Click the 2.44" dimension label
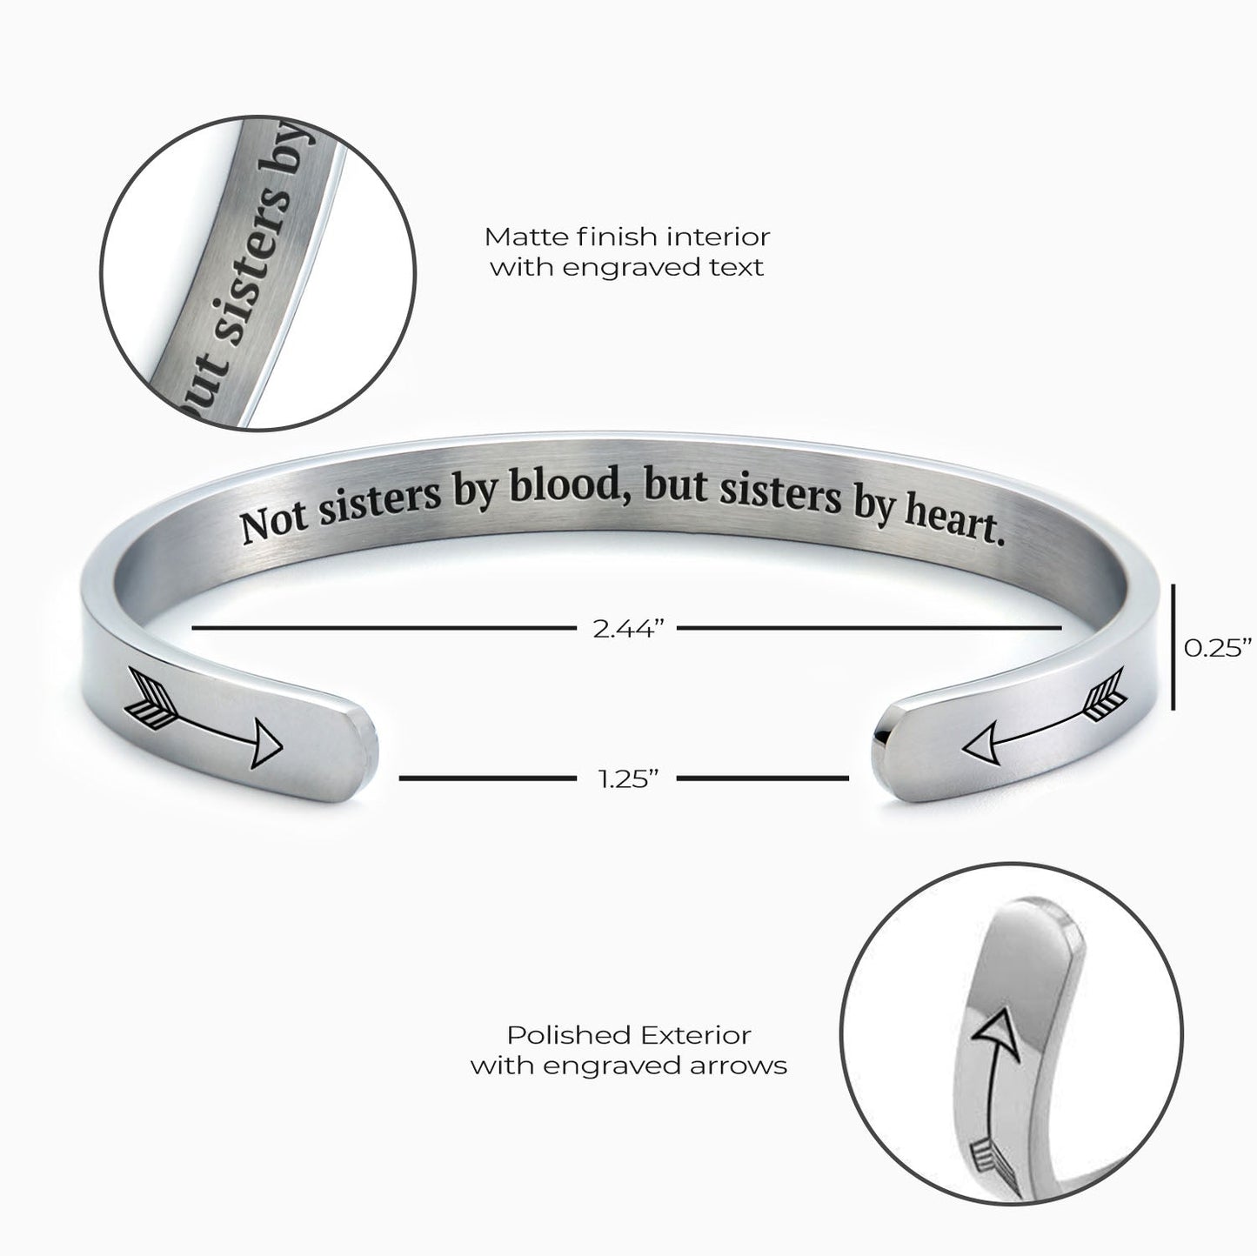627,629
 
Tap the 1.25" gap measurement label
627,779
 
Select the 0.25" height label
1217,648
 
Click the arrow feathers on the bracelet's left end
150,699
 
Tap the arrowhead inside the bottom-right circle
996,1035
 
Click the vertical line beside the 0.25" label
1173,646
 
